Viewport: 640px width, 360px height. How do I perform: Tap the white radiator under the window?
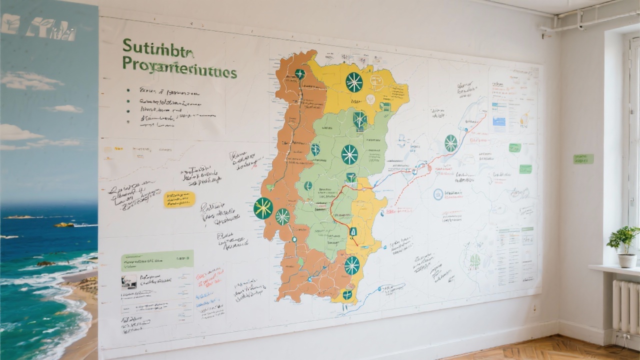(625, 306)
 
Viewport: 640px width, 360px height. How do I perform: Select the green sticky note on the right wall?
(583, 159)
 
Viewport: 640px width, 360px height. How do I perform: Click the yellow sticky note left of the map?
(179, 199)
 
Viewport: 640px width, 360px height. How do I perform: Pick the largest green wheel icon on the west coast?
(263, 208)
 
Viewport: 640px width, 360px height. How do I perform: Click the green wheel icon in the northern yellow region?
(354, 82)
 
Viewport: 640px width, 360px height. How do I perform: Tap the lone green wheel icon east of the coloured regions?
(451, 143)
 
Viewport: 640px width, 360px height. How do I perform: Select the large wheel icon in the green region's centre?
(349, 154)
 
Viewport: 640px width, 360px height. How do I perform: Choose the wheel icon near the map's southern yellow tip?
(352, 265)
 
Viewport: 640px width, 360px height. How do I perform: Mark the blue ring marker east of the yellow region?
(438, 194)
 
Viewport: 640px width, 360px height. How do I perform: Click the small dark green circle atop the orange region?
(300, 74)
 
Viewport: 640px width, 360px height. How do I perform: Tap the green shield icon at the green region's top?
(359, 119)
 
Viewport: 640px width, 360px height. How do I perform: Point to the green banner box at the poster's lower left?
(157, 260)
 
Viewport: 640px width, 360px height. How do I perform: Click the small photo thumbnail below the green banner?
(129, 281)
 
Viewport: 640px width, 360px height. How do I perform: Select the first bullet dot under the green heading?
(128, 90)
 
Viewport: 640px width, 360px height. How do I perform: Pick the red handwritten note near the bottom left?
(209, 275)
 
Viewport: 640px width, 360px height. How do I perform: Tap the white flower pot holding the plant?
(627, 260)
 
